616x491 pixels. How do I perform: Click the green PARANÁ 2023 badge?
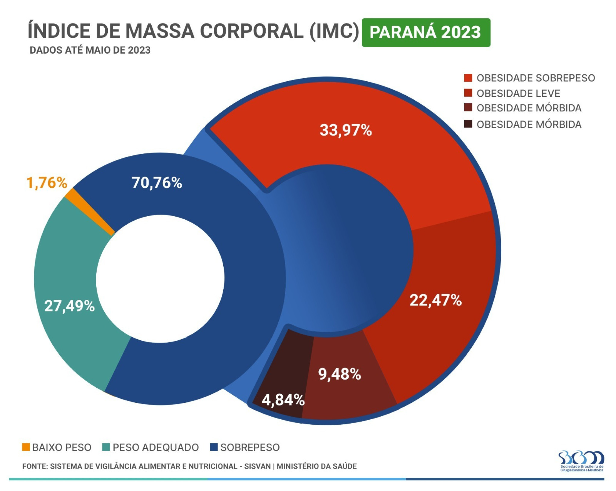point(426,33)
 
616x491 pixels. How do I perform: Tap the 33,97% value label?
point(345,130)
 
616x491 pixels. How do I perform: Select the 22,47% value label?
point(435,300)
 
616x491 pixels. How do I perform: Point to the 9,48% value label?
point(339,374)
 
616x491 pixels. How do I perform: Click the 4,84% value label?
point(283,400)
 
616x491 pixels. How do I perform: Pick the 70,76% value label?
point(157,183)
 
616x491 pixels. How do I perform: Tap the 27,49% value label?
point(70,306)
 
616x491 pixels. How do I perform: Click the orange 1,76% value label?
point(47,183)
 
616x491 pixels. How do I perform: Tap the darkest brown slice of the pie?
point(286,374)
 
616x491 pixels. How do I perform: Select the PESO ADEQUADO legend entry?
point(150,447)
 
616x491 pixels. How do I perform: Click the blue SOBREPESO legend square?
point(213,447)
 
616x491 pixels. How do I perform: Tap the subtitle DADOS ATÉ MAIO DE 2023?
point(90,50)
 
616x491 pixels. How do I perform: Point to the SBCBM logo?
point(581,461)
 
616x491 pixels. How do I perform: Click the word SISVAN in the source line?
point(257,466)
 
